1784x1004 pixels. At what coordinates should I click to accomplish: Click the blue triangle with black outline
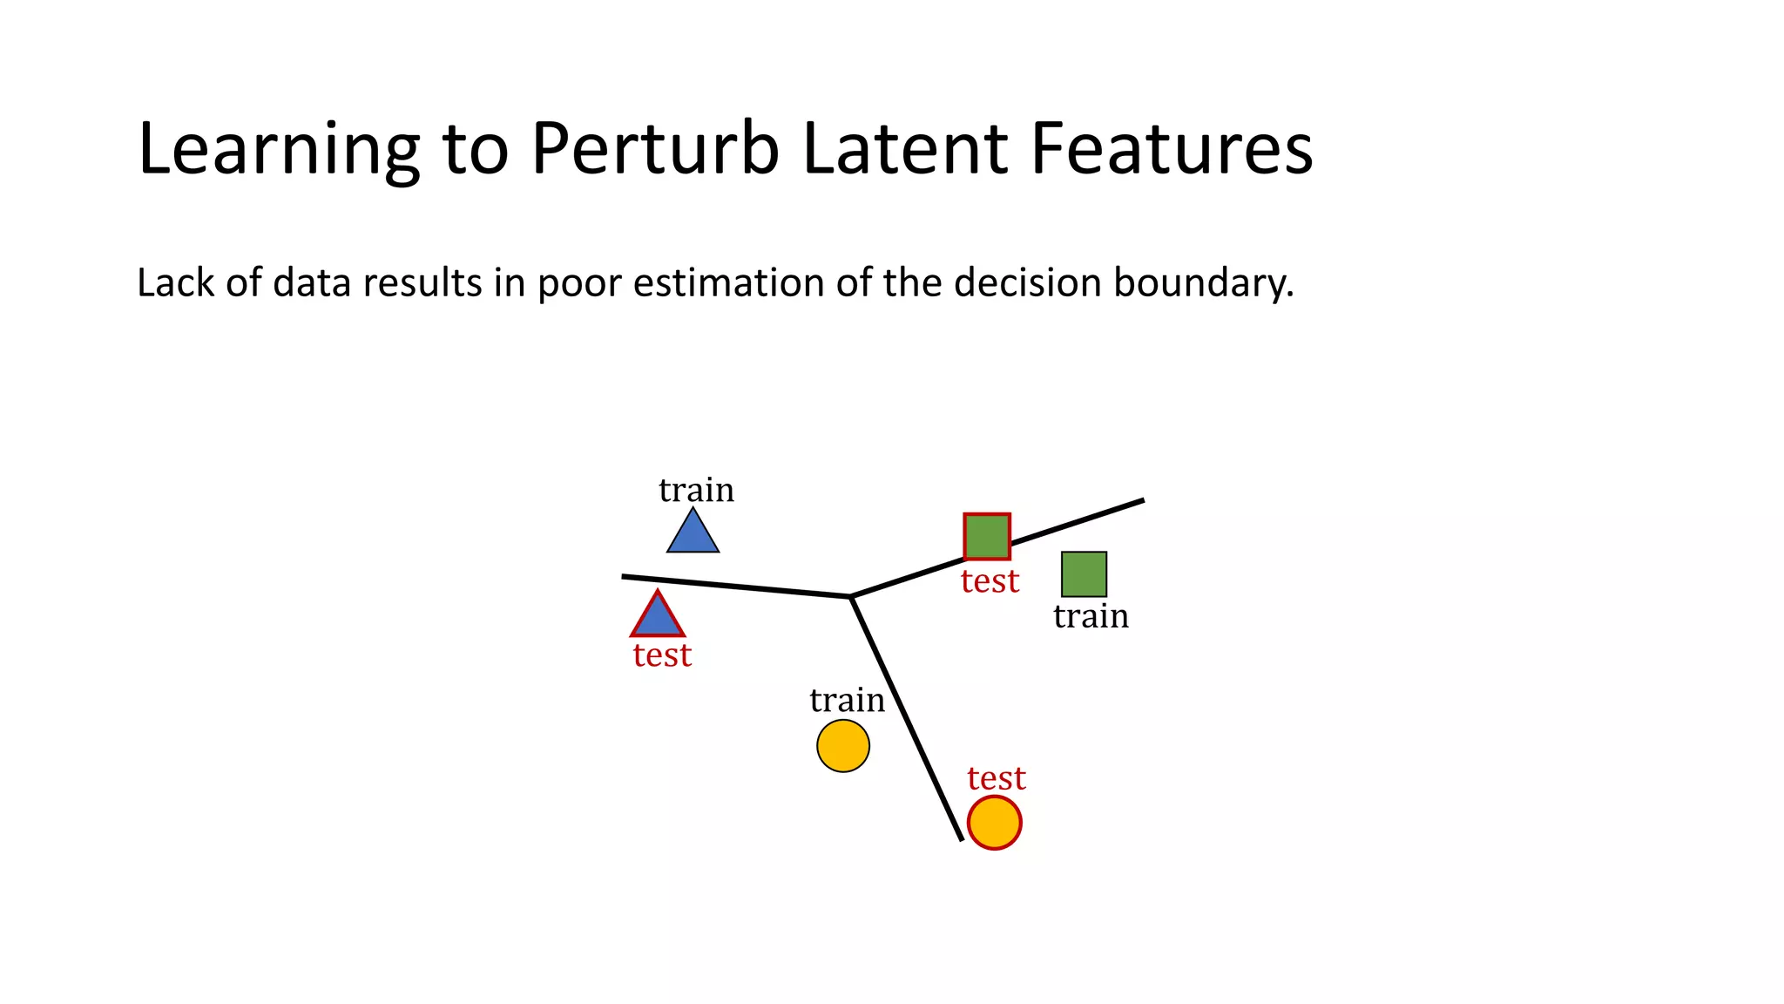693,534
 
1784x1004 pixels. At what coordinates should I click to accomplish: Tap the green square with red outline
987,536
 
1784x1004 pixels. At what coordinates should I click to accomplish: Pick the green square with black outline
1084,574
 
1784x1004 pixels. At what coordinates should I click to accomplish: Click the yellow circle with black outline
843,746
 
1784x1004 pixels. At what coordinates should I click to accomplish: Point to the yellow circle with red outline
994,823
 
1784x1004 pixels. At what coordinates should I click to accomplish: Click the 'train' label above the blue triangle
696,491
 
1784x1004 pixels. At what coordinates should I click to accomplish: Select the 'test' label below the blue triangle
662,655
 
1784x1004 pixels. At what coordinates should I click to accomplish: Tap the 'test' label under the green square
990,581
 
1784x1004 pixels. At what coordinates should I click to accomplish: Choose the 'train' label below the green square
1091,617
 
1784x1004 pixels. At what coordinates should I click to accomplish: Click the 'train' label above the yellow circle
847,701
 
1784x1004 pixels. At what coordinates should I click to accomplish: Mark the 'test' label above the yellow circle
997,778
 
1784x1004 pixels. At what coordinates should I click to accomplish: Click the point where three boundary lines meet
851,596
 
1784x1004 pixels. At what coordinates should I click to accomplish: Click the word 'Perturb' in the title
655,149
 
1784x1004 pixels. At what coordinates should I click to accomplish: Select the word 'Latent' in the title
904,149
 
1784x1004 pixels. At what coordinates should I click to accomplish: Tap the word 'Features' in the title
1172,149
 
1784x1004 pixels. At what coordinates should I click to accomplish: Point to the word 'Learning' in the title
279,149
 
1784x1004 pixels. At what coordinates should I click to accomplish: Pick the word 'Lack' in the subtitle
175,283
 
